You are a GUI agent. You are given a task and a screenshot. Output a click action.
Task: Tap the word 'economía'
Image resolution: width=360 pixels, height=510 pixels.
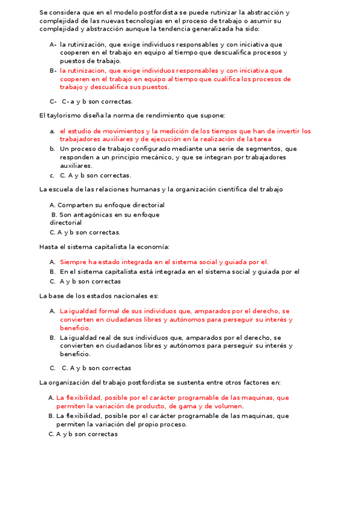point(153,247)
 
